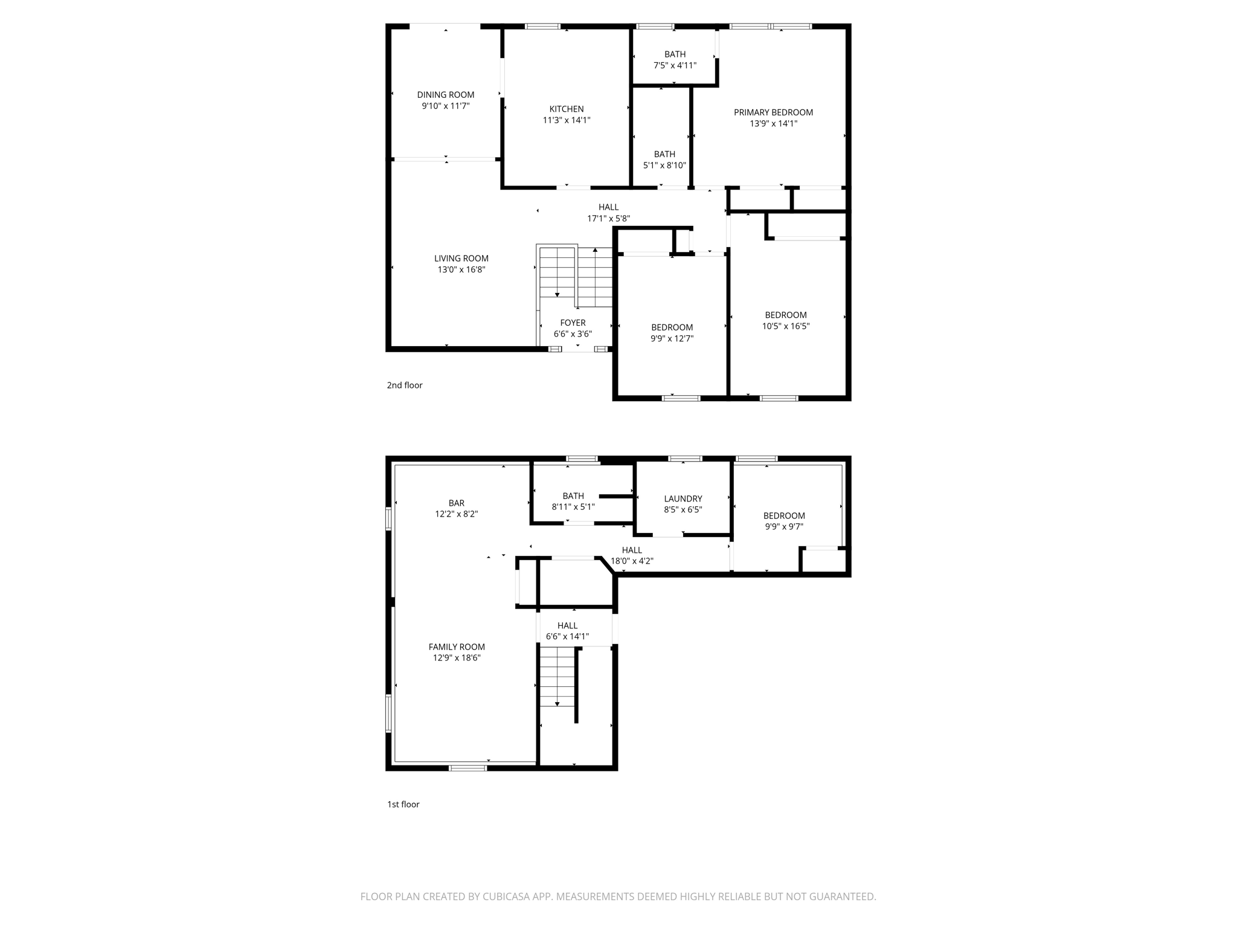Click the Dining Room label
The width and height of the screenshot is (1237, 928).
point(445,95)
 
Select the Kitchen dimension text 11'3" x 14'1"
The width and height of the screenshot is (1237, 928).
point(566,120)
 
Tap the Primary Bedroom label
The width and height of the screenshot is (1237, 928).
point(773,112)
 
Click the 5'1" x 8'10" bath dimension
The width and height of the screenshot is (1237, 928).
point(664,165)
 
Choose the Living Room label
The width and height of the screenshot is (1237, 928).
point(461,259)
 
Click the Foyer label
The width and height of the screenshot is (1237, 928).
point(573,323)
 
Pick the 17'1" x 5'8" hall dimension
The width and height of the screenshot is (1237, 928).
point(608,218)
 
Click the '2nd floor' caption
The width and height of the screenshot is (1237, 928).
point(405,385)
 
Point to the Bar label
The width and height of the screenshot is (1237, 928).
point(456,503)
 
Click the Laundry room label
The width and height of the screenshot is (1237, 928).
point(683,498)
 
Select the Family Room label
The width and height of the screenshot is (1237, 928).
point(457,647)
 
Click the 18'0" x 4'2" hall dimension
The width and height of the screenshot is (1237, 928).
point(632,561)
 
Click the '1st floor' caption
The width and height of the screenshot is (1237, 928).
point(403,804)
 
